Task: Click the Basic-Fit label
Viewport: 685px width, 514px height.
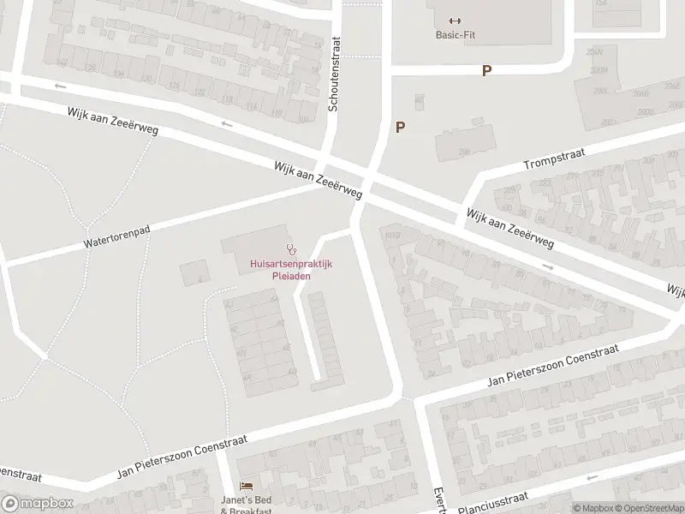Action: pyautogui.click(x=454, y=35)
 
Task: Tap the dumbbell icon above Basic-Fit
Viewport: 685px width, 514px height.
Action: pyautogui.click(x=454, y=21)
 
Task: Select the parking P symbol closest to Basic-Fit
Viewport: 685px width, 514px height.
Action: pyautogui.click(x=486, y=71)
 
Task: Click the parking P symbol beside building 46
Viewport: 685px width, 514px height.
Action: pyautogui.click(x=399, y=127)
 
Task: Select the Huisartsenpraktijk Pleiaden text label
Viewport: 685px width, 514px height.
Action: pyautogui.click(x=280, y=270)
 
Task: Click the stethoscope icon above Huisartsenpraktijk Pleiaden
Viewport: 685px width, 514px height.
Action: pyautogui.click(x=291, y=250)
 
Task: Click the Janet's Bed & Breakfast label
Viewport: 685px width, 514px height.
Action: pyautogui.click(x=246, y=505)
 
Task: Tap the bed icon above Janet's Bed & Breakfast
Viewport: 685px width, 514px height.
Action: pyautogui.click(x=246, y=486)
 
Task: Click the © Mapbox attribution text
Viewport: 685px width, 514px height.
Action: pyautogui.click(x=594, y=508)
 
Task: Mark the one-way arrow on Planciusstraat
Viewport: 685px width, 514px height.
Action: pyautogui.click(x=591, y=478)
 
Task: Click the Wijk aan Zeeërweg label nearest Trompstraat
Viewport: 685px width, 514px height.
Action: pyautogui.click(x=509, y=228)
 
